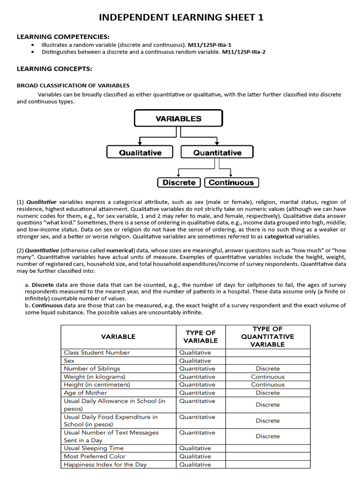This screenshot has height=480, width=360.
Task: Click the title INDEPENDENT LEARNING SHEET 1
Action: point(181,17)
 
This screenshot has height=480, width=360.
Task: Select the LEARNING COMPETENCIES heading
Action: point(63,37)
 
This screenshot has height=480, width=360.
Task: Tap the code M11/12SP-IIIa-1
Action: point(210,45)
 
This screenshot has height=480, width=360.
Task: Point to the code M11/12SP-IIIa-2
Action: point(244,52)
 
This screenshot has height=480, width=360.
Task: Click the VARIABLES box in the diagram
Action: point(178,119)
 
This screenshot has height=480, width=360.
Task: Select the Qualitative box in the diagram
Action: point(140,152)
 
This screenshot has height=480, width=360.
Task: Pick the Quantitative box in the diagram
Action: point(217,152)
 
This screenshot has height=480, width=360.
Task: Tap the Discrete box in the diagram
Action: point(179,182)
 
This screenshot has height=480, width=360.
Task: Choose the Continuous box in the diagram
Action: point(231,182)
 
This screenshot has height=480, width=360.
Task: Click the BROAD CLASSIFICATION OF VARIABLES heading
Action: point(73,85)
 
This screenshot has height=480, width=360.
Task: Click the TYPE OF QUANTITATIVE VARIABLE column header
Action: point(267,337)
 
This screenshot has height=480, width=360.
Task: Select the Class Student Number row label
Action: point(97,352)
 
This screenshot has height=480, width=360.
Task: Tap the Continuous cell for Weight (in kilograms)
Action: point(267,376)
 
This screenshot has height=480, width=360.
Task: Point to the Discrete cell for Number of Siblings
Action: point(267,368)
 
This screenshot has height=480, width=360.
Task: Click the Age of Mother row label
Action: point(85,393)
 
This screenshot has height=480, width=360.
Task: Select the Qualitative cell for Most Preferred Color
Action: point(195,456)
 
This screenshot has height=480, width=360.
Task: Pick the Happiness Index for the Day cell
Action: point(105,465)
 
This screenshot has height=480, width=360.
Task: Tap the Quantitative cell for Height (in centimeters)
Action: point(197,384)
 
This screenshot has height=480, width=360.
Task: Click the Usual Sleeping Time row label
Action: point(94,448)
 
